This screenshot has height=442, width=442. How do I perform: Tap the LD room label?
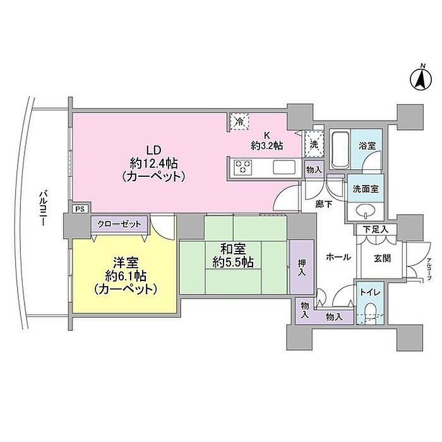[152, 150]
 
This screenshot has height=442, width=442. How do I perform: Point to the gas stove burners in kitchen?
[243, 167]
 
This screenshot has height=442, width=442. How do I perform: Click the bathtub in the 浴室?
[340, 150]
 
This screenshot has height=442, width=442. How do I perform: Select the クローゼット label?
[119, 224]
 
